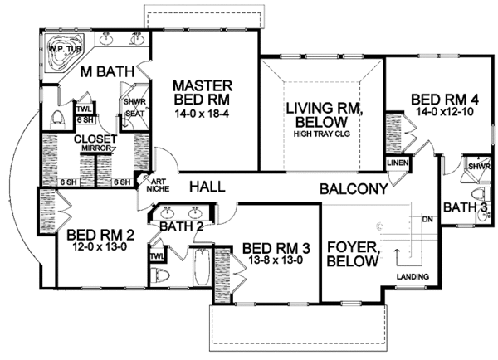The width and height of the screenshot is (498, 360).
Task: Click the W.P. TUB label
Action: [65, 49]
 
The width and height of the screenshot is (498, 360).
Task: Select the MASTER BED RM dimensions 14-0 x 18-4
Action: [202, 114]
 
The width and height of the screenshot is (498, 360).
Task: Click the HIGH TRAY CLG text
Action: [322, 134]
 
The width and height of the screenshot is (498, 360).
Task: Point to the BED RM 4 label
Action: [445, 100]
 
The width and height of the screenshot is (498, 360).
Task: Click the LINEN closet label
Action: [398, 163]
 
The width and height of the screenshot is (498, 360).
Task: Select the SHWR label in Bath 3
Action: [479, 167]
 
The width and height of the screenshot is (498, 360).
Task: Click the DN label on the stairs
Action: [427, 219]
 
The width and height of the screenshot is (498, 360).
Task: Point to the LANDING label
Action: [413, 277]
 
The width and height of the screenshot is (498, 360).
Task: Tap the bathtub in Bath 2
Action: [202, 267]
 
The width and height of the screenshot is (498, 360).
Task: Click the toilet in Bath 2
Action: [159, 275]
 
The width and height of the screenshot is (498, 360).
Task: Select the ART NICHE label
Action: [159, 186]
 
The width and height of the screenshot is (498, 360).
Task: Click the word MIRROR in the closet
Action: [96, 148]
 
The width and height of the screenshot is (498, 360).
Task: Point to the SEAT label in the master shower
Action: [134, 114]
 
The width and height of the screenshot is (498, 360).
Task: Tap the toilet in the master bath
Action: [58, 119]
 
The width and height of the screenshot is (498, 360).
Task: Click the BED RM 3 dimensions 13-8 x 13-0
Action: [276, 260]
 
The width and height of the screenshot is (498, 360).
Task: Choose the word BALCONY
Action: [354, 189]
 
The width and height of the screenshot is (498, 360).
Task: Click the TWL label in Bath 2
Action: [157, 255]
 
